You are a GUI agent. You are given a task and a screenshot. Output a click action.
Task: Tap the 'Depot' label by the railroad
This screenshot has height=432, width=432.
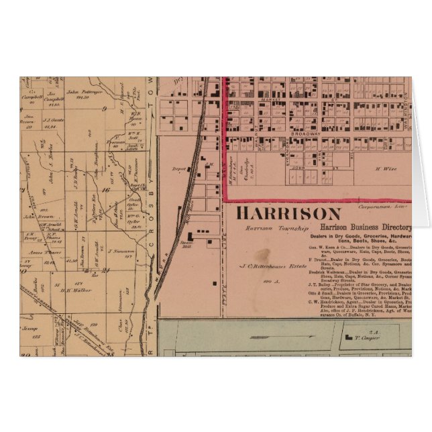click(x=178, y=168)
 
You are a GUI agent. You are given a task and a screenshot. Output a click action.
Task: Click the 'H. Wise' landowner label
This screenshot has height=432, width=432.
click(x=382, y=169)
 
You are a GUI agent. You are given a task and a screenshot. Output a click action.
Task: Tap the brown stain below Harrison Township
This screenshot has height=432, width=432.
click(x=262, y=254)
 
